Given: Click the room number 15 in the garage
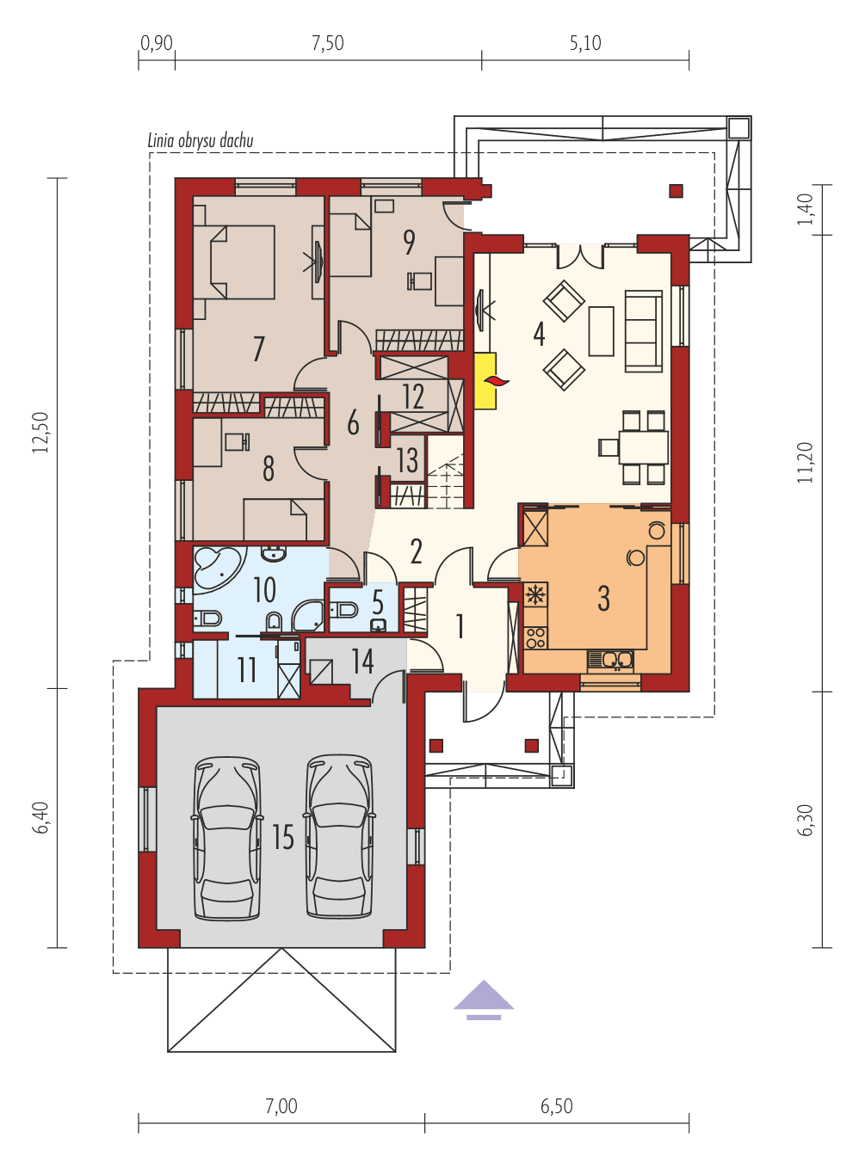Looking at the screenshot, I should [x=283, y=837].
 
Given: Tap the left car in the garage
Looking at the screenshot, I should [x=227, y=838].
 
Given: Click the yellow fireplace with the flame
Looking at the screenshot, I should [x=485, y=379].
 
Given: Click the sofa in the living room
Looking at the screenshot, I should [x=643, y=330].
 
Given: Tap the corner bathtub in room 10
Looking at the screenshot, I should [x=215, y=567].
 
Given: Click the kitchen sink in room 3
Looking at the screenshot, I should [x=610, y=660].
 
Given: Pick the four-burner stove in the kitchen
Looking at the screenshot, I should [x=535, y=637].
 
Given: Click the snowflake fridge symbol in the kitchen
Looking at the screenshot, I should [x=535, y=594].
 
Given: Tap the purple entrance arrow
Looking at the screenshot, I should [x=485, y=999].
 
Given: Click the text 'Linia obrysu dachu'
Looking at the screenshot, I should [x=201, y=141].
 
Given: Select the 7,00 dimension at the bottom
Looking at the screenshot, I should [x=281, y=1106].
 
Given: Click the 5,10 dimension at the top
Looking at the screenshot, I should [x=585, y=43].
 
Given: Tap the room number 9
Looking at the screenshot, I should [x=409, y=243].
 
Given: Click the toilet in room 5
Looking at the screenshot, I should [x=346, y=610].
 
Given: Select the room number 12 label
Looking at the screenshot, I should [x=413, y=397].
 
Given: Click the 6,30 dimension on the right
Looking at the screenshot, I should [x=806, y=819].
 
